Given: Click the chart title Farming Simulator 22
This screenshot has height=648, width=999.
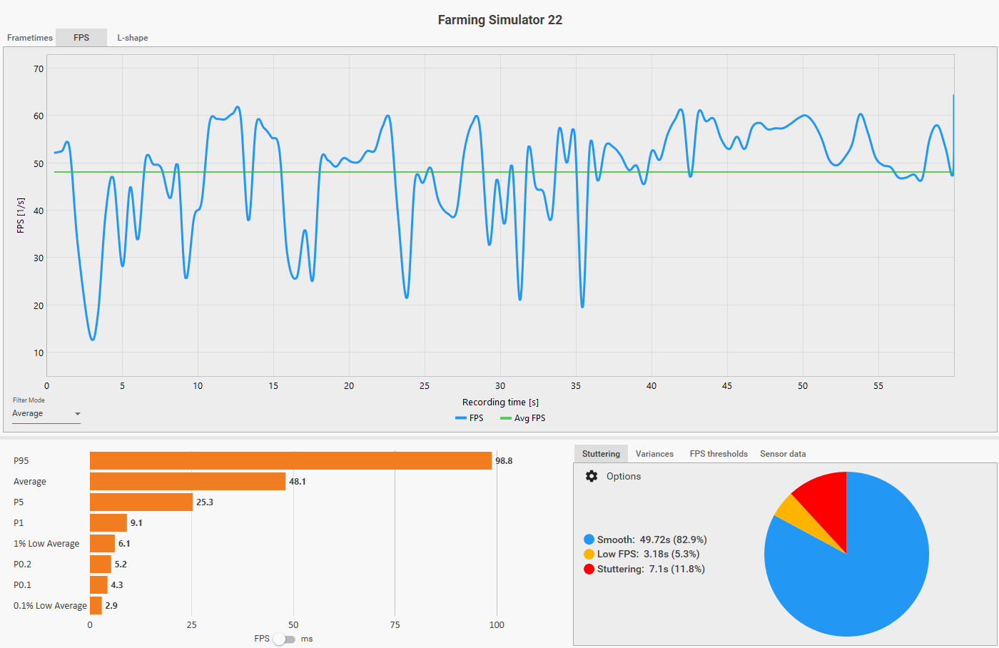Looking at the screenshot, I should (x=499, y=20).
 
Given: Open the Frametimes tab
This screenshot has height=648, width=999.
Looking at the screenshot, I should (x=30, y=38).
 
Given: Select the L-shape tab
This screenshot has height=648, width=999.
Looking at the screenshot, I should (x=133, y=38).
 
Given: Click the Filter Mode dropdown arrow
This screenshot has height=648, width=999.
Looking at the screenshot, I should (x=78, y=414).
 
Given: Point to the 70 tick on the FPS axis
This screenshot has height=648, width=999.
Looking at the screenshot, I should (x=39, y=69).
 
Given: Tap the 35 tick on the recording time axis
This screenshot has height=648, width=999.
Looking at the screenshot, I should (x=576, y=386).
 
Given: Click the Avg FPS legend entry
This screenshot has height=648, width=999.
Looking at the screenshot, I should (x=523, y=418).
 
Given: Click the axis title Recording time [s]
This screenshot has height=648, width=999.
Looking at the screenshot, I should (x=500, y=403).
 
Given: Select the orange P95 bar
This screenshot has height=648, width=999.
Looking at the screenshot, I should (x=290, y=461).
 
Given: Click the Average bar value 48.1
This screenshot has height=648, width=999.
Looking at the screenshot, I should (x=298, y=482).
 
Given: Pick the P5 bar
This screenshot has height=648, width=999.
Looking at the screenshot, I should (x=141, y=502).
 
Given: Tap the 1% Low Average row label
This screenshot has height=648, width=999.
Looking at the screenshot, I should (x=46, y=544).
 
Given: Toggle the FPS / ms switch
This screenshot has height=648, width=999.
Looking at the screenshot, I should (x=284, y=639).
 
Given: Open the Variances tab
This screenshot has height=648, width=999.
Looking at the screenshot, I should (x=654, y=454).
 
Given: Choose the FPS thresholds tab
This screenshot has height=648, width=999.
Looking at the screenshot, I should (x=719, y=454).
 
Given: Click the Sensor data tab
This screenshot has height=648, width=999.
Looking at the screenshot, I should (x=783, y=454).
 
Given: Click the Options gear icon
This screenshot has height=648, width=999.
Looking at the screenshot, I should (x=592, y=476).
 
